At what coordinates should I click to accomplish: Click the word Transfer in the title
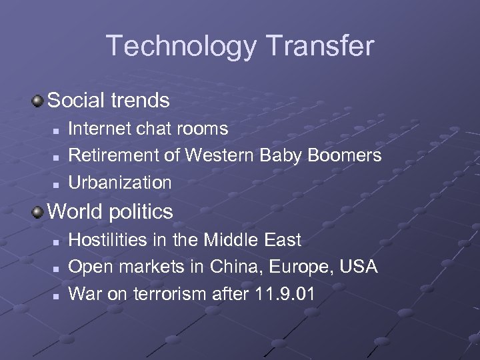(x=319, y=45)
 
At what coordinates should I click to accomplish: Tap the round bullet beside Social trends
(x=38, y=101)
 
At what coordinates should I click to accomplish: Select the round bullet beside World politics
(x=38, y=211)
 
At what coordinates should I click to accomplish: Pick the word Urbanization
(x=120, y=182)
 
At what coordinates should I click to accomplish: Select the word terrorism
(x=169, y=293)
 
